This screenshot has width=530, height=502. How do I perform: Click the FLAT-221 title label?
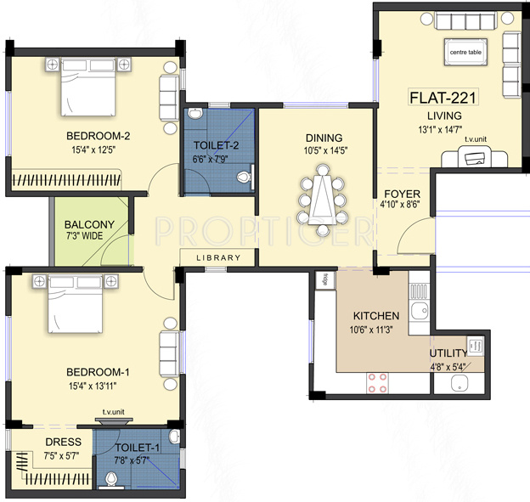[443, 98]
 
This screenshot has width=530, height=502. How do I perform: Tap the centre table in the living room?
[465, 52]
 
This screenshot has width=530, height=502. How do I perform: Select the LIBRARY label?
[218, 258]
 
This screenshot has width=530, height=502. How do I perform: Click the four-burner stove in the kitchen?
[378, 383]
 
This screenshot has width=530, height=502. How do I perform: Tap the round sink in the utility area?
[460, 383]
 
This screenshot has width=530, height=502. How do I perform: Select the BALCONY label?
[89, 225]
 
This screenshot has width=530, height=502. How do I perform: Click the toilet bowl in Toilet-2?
[244, 177]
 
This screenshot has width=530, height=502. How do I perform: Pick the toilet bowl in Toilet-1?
[111, 479]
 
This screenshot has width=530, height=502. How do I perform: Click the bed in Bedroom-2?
[88, 87]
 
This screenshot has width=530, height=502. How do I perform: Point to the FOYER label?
[403, 194]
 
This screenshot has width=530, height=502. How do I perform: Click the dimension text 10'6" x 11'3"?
[371, 330]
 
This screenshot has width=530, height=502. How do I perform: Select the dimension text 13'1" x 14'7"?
[440, 129]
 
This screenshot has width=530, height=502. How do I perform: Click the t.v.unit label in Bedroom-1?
[114, 412]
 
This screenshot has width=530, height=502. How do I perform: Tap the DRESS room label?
[64, 442]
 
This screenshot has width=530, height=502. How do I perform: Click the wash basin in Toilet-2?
[195, 114]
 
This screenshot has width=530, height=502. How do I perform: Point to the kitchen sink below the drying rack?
[420, 311]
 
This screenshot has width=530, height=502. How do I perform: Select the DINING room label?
[324, 138]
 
